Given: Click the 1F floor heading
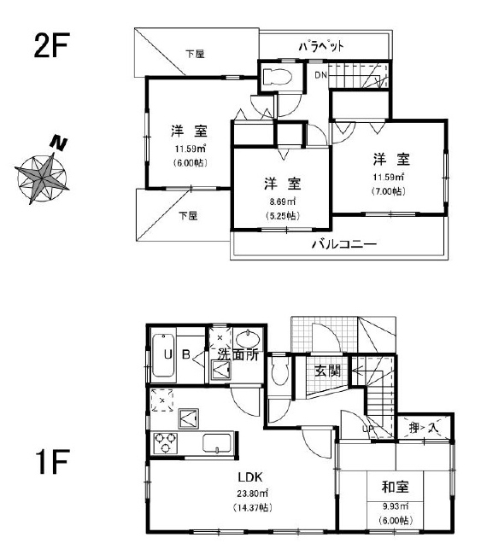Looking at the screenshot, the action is pos(52,461).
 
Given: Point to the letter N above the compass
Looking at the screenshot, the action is pos(59,143).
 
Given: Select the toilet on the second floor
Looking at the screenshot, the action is pos(278,76).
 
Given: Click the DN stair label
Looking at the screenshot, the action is pos(321,75).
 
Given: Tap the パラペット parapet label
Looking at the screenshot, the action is pos(321,46).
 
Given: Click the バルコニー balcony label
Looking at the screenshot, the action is pos(344,244).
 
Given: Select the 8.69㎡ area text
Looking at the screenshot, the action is pos(282,202).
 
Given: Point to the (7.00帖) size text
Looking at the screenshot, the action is pos(389,191).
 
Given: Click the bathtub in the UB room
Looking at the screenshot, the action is pos(164,354).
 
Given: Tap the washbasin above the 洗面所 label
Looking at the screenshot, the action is pos(247,339).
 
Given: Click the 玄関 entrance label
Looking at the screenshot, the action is pos(327,371).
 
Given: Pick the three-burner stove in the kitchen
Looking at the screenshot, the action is pos(166,442).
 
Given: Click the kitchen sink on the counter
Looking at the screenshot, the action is pos(217,443).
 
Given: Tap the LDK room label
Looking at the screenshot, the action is pos(250,477).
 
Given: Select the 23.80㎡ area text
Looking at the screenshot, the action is pos(252,493).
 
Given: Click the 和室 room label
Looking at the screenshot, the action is pos(395,487).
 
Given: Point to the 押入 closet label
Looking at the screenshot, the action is pos(424,428).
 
